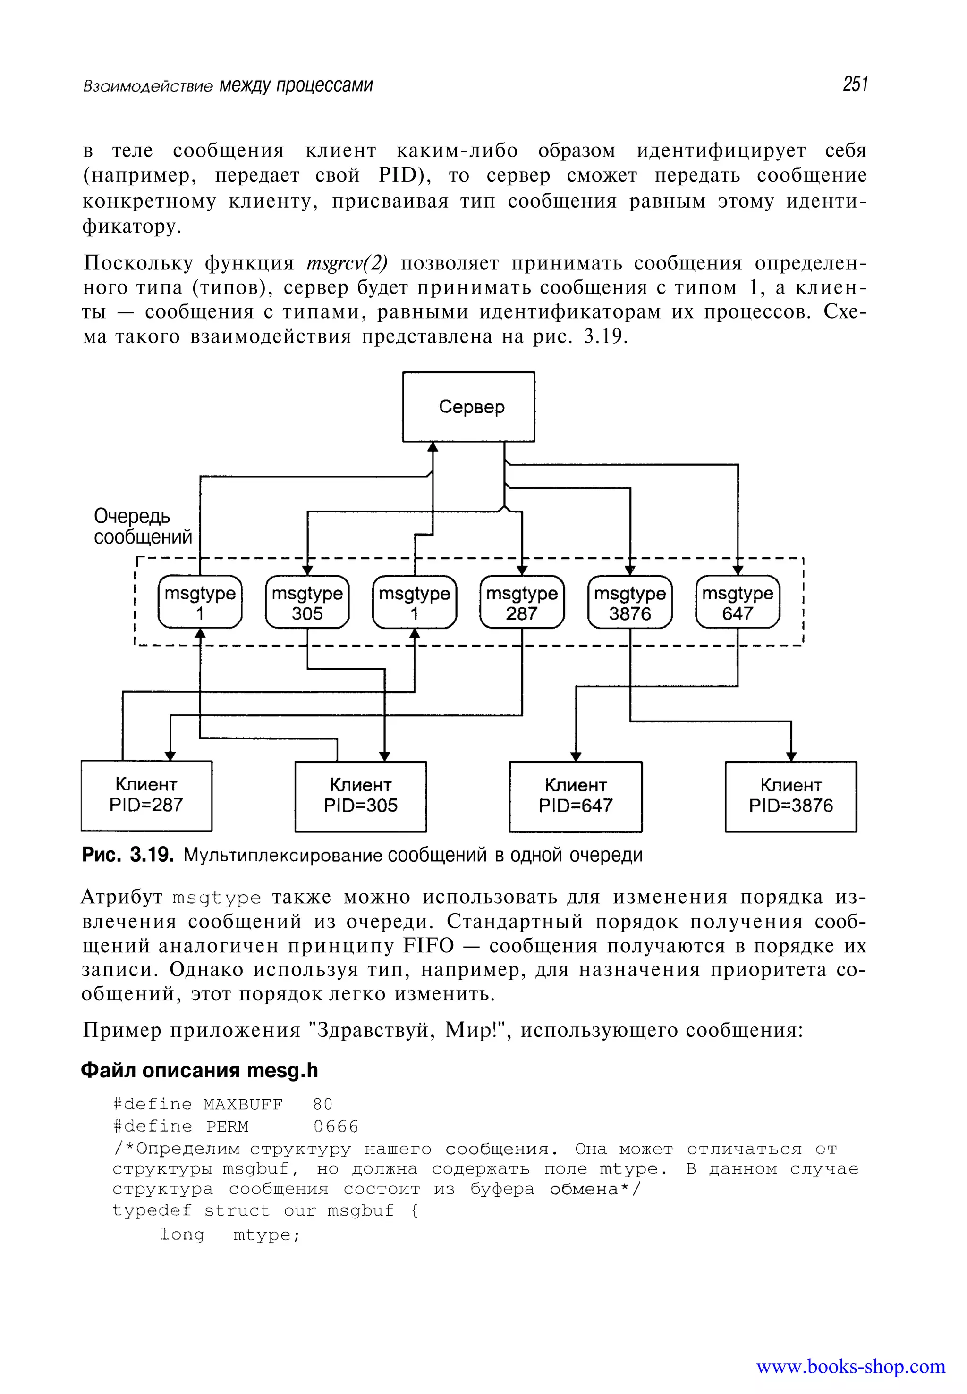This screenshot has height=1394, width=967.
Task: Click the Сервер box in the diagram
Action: click(x=468, y=406)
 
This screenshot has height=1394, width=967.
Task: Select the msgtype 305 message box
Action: click(x=307, y=603)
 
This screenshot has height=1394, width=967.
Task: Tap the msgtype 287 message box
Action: click(x=522, y=603)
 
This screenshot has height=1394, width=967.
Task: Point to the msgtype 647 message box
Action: click(x=738, y=603)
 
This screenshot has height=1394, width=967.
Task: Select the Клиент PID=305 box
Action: click(x=361, y=796)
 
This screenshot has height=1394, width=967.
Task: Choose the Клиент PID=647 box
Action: click(x=576, y=796)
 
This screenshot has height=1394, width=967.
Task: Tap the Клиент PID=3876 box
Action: click(x=791, y=796)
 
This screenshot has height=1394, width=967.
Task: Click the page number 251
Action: click(x=855, y=84)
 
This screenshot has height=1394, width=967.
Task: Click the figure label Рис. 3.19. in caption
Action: click(x=128, y=855)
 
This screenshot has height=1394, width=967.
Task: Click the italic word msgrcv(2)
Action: click(x=347, y=263)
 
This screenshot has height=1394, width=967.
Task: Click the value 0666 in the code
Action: click(x=336, y=1126)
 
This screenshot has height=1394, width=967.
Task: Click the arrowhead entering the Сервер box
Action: click(x=433, y=447)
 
